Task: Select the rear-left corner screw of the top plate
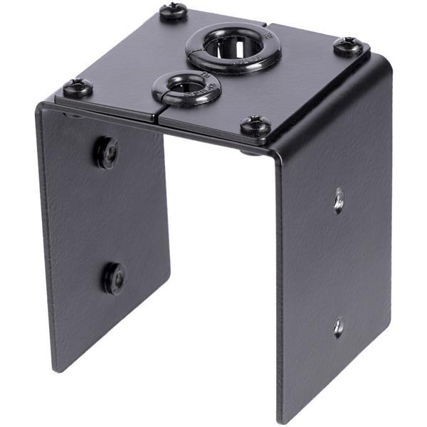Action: click(173, 11)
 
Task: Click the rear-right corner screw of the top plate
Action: click(347, 46)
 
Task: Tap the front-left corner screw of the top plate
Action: click(77, 88)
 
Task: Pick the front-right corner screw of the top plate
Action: click(255, 127)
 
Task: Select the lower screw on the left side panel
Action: click(114, 278)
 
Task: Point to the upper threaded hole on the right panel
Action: click(339, 200)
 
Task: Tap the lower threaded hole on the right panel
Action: click(339, 327)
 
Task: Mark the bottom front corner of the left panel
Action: click(56, 369)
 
